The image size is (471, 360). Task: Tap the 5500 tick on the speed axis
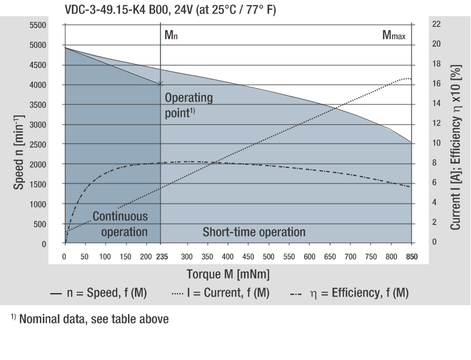[38, 25]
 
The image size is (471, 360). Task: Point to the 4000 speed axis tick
[38, 85]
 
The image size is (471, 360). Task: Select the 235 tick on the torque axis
[161, 255]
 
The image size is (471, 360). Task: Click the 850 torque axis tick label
[412, 255]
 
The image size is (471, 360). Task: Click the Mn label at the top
[171, 35]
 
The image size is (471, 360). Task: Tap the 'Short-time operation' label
[254, 232]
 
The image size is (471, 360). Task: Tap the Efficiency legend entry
[350, 293]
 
